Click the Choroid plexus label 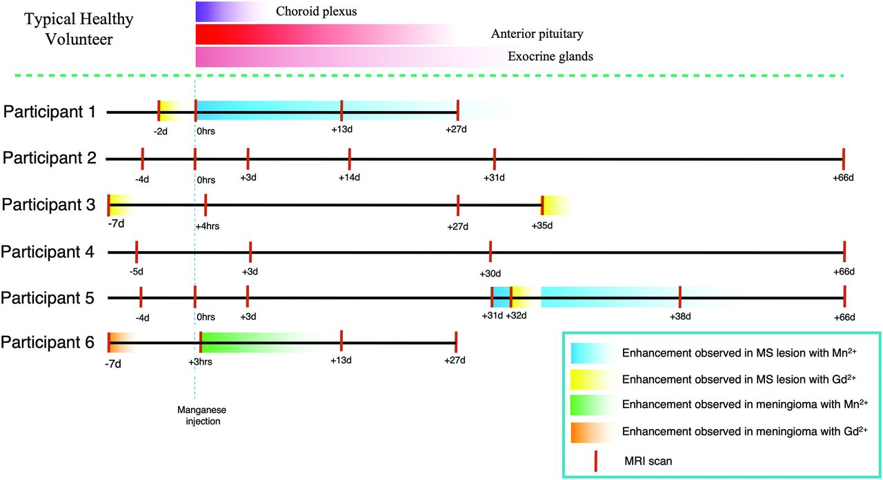tap(316, 12)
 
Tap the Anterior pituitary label tap(537, 34)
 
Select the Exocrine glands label tap(550, 57)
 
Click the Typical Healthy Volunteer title tap(79, 29)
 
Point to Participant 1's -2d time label tap(161, 131)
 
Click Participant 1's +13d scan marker tap(341, 111)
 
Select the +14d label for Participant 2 tap(349, 177)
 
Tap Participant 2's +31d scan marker tap(495, 159)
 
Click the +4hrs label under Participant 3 tap(208, 226)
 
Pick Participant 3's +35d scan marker tap(542, 205)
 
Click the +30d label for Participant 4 tap(490, 274)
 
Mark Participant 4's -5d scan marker tap(137, 252)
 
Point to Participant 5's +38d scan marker tap(680, 297)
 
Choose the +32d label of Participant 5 tap(516, 316)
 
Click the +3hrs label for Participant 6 tap(200, 361)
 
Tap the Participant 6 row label tap(48, 342)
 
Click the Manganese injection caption tap(202, 415)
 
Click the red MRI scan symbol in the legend tap(595, 461)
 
